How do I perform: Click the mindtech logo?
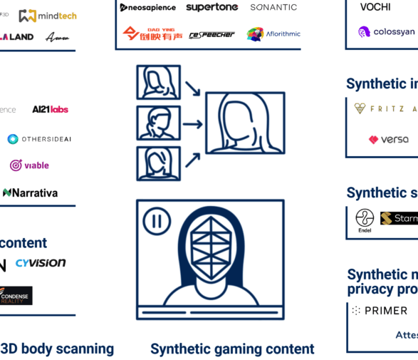point(48,16)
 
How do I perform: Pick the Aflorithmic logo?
point(273,34)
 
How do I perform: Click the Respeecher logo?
point(212,34)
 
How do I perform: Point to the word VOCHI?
point(375,7)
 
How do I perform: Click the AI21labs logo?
point(50,110)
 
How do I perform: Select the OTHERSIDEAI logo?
point(40,139)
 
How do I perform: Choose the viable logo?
point(29,165)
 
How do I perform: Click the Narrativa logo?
point(31,192)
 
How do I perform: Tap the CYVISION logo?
point(41,263)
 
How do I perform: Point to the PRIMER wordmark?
point(380,311)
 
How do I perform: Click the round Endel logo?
point(365,218)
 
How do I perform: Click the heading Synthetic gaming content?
point(232,349)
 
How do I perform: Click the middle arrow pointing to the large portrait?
point(192,125)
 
